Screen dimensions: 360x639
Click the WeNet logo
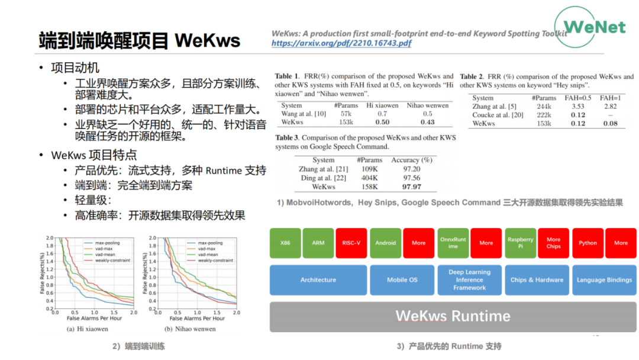(x=593, y=27)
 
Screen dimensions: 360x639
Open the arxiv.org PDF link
(x=341, y=43)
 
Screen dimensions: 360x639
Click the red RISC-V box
(x=351, y=243)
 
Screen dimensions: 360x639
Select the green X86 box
(x=285, y=243)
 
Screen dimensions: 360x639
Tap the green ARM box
(x=318, y=243)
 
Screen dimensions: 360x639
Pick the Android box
(x=385, y=243)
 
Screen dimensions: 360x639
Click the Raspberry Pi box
(x=521, y=243)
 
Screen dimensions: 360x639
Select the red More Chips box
(x=554, y=243)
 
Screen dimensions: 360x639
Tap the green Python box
(x=588, y=243)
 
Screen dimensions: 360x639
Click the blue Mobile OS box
(x=402, y=280)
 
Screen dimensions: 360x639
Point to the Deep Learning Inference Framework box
(x=469, y=280)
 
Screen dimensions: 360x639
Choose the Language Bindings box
(x=604, y=280)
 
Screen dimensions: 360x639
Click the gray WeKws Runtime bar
(x=453, y=316)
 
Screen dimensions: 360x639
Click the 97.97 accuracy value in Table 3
(x=412, y=187)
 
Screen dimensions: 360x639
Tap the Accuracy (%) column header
(x=412, y=160)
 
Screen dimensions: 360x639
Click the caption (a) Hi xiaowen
(x=87, y=329)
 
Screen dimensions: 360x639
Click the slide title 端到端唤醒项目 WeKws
(x=140, y=40)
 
